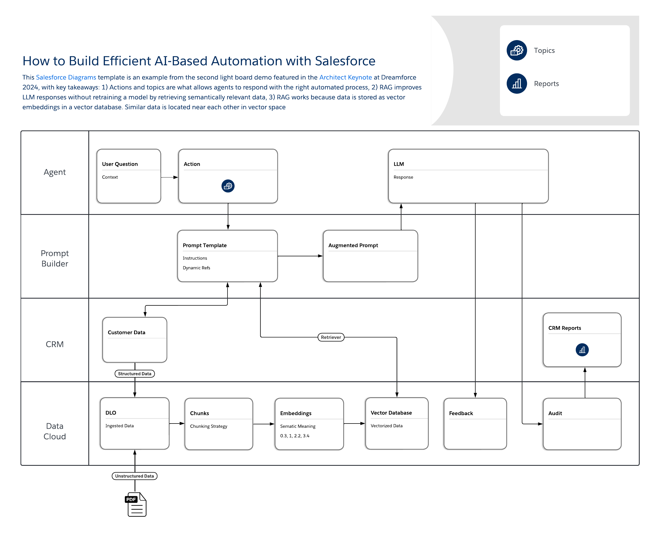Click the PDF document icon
coord(136,504)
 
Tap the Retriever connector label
coord(331,337)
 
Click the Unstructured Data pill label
coord(134,476)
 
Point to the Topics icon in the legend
coord(516,50)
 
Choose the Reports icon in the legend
coord(516,83)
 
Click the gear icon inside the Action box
coord(228,186)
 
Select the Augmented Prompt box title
coord(353,245)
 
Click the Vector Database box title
coord(391,413)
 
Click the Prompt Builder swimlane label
coord(55,258)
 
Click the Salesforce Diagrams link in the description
coord(66,77)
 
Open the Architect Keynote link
coord(345,77)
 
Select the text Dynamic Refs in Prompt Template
coord(196,268)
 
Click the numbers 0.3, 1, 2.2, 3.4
coord(295,436)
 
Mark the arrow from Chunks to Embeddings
coord(264,424)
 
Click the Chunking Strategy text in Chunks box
coord(208,426)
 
